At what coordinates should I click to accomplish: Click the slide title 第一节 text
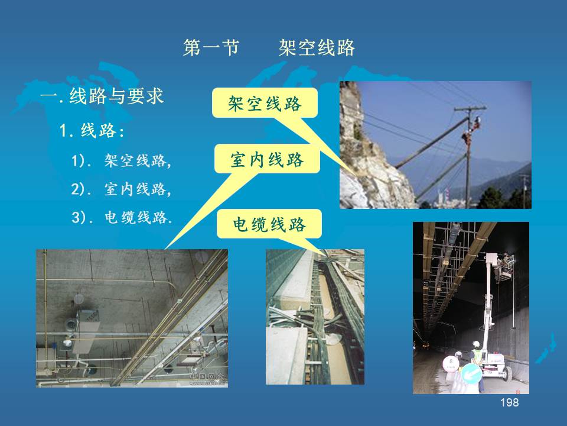click(x=211, y=48)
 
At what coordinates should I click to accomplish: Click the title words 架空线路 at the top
click(x=317, y=48)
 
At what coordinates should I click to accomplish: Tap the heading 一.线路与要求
click(x=102, y=96)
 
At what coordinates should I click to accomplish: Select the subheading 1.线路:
click(x=92, y=130)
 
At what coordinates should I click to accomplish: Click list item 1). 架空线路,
click(x=121, y=160)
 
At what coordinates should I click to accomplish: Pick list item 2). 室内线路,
click(x=121, y=189)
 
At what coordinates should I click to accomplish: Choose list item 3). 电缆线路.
click(x=122, y=217)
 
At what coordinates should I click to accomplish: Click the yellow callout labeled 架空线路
click(x=265, y=103)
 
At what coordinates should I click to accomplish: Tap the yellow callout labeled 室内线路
click(x=267, y=159)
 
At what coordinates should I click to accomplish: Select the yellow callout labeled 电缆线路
click(x=269, y=224)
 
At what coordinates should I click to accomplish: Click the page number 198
click(x=510, y=402)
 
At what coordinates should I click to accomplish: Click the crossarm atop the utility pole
click(x=470, y=108)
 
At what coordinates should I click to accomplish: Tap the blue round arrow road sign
click(x=471, y=373)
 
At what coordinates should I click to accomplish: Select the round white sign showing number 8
click(x=451, y=363)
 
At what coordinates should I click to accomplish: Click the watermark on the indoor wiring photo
click(x=207, y=379)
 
